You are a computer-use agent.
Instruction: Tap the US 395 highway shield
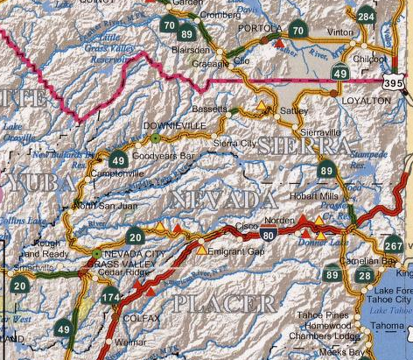(395, 81)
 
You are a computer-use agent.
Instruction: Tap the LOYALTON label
(367, 102)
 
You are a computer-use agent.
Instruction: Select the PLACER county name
(224, 305)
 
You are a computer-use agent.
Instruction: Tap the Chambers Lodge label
(329, 335)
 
